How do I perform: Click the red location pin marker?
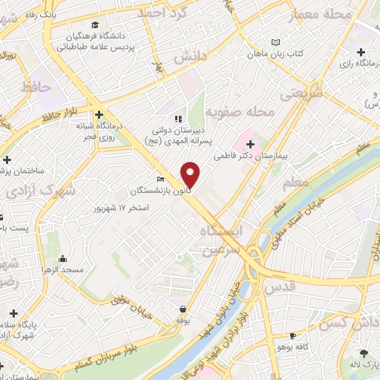[x=191, y=174]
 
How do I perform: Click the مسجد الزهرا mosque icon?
[x=62, y=259]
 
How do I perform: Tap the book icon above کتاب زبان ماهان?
[x=276, y=43]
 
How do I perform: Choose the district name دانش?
[x=189, y=56]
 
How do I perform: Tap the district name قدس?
[x=280, y=286]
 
